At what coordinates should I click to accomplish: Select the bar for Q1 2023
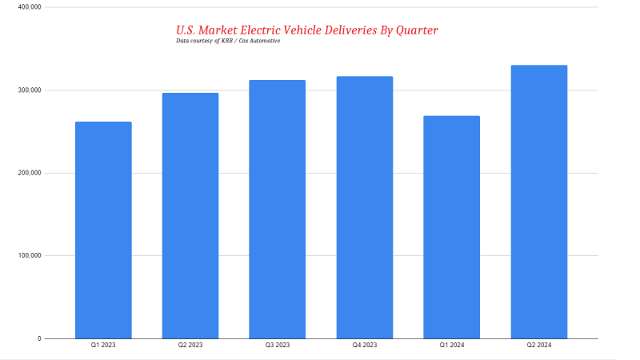click(103, 230)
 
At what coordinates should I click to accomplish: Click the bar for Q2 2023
click(190, 216)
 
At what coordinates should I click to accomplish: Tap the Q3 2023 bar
click(278, 210)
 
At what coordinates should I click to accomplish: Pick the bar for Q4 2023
click(365, 208)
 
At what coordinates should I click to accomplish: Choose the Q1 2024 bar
click(452, 227)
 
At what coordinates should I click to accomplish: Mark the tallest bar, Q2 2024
click(539, 202)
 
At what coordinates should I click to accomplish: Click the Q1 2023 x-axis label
click(103, 346)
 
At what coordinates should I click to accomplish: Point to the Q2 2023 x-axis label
click(190, 346)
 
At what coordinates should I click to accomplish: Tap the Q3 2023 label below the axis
click(278, 346)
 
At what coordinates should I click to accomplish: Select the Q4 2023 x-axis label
click(365, 346)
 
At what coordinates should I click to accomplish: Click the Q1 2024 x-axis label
click(452, 346)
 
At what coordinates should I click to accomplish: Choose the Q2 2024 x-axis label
click(539, 346)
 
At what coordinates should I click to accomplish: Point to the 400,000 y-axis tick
click(29, 7)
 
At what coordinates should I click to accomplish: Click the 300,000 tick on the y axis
click(29, 90)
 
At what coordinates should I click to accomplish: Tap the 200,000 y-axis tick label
click(29, 173)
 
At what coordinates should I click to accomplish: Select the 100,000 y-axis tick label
click(29, 256)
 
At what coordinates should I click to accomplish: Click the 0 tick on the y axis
click(38, 339)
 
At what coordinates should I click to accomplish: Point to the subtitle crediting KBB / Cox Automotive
click(228, 41)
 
